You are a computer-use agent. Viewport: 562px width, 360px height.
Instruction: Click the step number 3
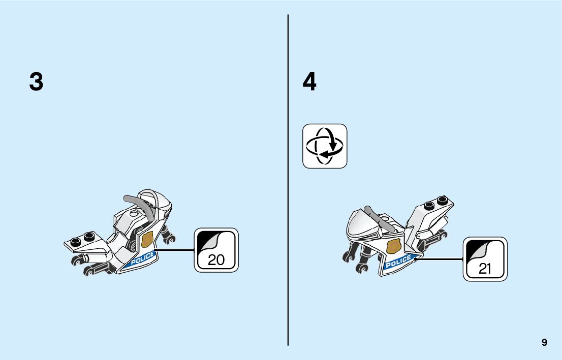(36, 82)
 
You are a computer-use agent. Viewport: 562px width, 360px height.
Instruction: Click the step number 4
(309, 82)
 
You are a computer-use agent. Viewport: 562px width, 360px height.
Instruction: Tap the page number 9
(544, 342)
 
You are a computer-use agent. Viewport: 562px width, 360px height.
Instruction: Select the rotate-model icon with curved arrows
(325, 146)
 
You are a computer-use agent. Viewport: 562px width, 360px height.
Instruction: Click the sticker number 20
(216, 260)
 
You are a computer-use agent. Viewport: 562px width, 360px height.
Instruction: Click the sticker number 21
(485, 269)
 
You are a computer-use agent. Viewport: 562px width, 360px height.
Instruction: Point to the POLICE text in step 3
(142, 258)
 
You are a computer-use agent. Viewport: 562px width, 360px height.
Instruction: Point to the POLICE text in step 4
(398, 262)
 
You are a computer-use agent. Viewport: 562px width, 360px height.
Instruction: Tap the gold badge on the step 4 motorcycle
(393, 247)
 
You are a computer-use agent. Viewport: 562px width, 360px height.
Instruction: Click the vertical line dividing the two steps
(288, 178)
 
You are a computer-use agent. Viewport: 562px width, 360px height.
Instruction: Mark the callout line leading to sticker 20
(175, 250)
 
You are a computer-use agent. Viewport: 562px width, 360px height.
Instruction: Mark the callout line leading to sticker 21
(440, 259)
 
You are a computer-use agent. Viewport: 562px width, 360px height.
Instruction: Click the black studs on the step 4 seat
(436, 203)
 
